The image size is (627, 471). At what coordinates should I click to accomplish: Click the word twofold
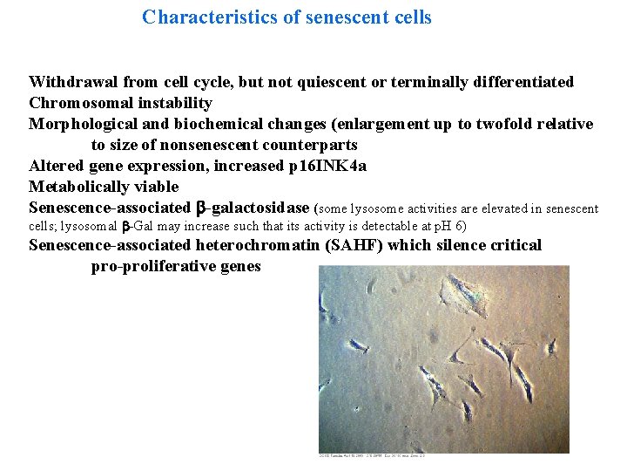(x=509, y=124)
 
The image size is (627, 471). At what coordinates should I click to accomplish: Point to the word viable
(x=158, y=187)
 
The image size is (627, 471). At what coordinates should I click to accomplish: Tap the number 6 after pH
(x=461, y=226)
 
